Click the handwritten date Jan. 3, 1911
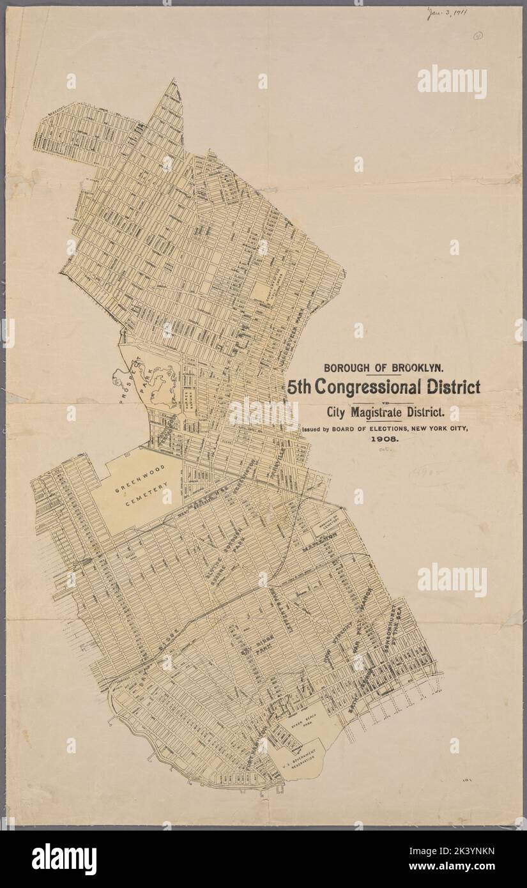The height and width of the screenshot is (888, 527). pos(447,13)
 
